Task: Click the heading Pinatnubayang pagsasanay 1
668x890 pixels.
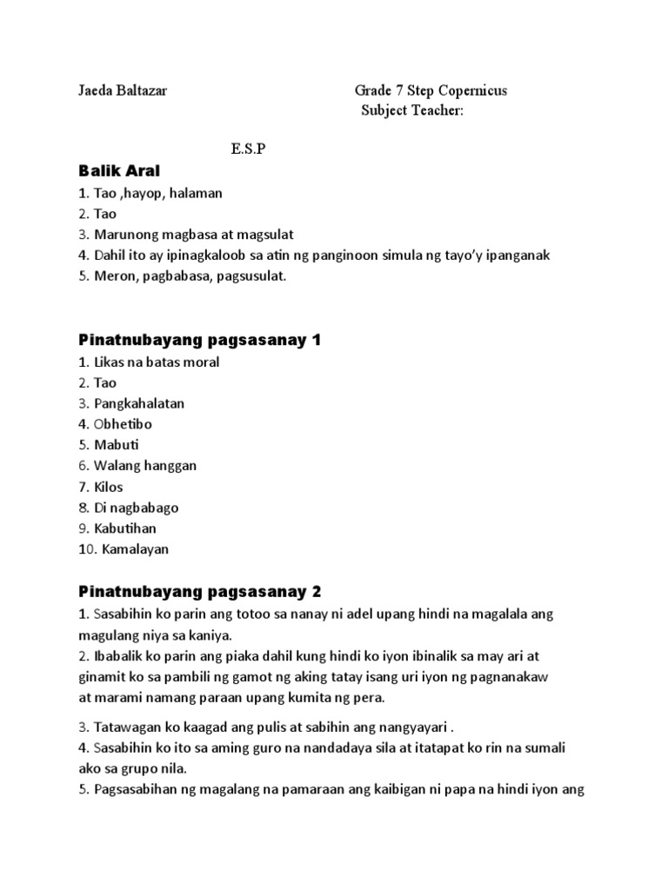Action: (x=200, y=340)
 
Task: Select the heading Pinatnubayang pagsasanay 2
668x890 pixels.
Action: (x=200, y=592)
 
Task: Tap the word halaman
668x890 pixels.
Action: (x=197, y=193)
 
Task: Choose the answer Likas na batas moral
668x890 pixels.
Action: (x=157, y=362)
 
